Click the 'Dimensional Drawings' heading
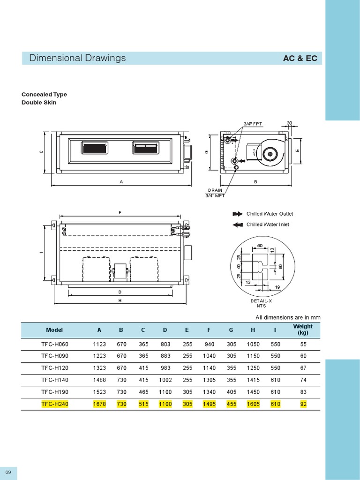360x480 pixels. point(77,58)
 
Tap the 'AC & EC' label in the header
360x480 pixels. point(300,59)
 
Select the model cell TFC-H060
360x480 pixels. point(54,344)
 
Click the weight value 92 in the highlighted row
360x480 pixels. point(303,404)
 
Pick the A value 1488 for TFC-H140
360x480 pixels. point(99,380)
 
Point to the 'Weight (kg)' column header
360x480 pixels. point(303,330)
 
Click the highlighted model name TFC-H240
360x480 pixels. point(54,404)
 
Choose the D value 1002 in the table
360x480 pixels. point(165,380)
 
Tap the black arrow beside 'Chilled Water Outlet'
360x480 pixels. point(237,214)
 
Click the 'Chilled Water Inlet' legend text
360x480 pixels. point(268,225)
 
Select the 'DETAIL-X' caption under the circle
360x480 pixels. point(261,300)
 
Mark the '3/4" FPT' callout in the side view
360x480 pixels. point(253,124)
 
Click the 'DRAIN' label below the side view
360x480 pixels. point(216,190)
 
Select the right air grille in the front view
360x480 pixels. point(145,148)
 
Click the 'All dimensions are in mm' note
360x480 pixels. point(288,318)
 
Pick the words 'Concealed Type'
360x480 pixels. point(44,94)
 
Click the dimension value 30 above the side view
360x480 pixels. point(289,123)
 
